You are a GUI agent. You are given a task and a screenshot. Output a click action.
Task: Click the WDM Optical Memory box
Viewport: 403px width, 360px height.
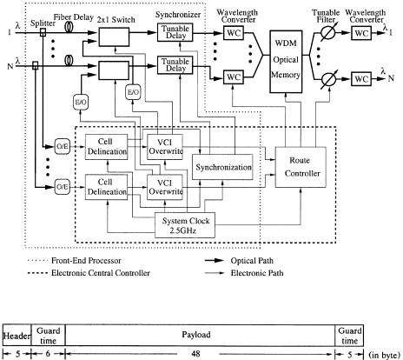click(286, 62)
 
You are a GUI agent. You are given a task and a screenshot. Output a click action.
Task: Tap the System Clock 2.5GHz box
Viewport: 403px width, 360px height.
click(185, 225)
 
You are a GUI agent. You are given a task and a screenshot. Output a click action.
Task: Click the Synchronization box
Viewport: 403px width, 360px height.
click(222, 167)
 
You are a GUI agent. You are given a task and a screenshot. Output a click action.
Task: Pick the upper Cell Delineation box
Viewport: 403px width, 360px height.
click(106, 147)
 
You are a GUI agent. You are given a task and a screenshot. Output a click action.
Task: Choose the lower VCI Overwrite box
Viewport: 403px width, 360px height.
click(165, 187)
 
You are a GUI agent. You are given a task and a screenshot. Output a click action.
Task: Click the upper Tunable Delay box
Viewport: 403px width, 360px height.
click(175, 32)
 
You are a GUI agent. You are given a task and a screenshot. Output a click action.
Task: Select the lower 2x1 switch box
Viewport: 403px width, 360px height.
click(114, 70)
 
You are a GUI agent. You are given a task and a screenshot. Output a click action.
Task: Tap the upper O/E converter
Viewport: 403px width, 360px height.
click(63, 147)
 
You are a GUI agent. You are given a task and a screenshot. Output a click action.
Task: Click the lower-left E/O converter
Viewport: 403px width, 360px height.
click(81, 103)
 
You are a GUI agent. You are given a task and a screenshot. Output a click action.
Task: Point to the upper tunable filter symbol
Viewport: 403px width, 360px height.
click(328, 33)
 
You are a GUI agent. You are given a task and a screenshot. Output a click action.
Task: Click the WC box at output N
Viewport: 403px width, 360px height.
click(361, 79)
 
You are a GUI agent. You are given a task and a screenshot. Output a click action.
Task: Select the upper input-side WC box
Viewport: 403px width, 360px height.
click(234, 33)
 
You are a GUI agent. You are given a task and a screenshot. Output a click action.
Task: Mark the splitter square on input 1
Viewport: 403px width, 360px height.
click(43, 32)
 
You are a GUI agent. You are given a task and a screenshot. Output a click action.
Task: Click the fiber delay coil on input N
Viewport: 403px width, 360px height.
click(69, 60)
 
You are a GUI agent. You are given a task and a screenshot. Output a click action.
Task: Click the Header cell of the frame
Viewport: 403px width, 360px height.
click(17, 335)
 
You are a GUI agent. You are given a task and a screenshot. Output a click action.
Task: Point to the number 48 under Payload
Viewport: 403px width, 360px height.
click(196, 354)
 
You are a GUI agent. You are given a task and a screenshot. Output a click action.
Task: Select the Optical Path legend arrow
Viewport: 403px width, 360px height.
click(215, 261)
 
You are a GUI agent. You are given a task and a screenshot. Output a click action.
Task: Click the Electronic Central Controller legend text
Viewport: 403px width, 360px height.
click(101, 273)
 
